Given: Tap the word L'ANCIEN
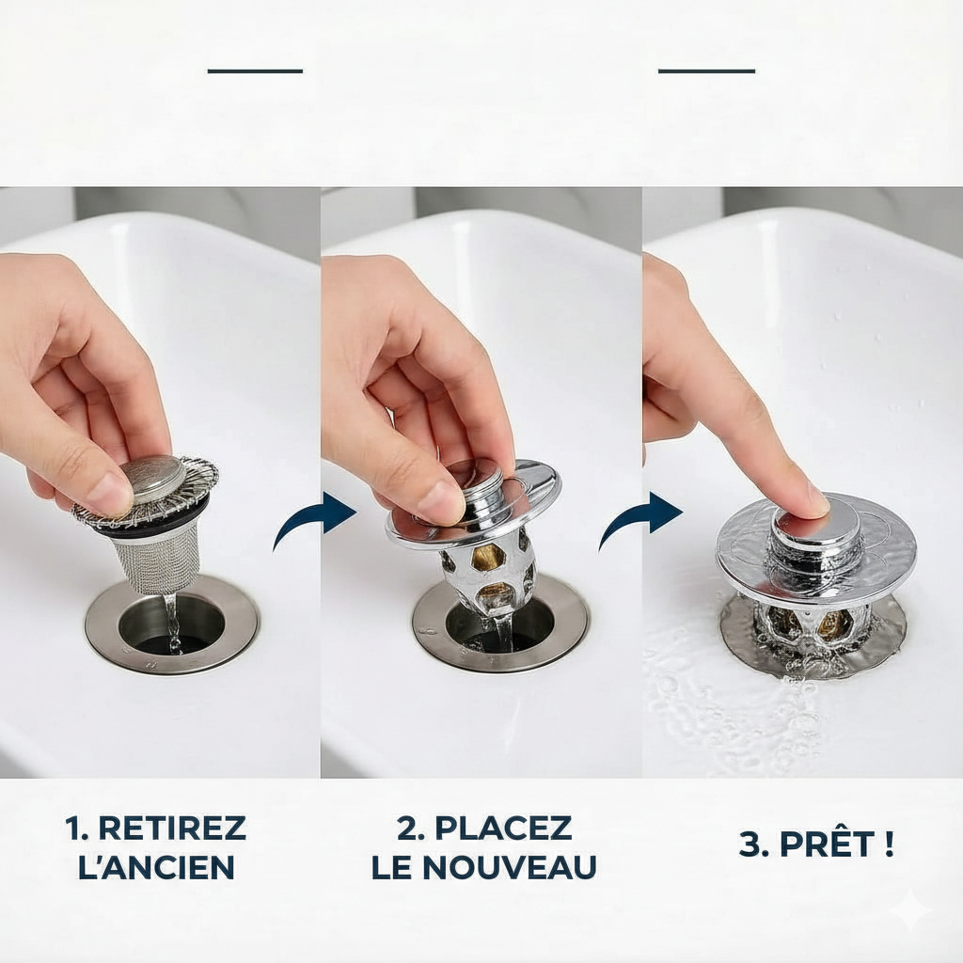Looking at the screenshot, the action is point(157,866).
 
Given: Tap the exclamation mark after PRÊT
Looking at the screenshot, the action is point(890,844).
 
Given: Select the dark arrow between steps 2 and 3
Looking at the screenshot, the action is point(639,520).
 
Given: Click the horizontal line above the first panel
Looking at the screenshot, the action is point(255,71).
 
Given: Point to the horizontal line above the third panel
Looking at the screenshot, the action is point(706,71).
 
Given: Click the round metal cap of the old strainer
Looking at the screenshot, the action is point(152,479).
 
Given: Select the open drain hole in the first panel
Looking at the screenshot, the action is point(172,626).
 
